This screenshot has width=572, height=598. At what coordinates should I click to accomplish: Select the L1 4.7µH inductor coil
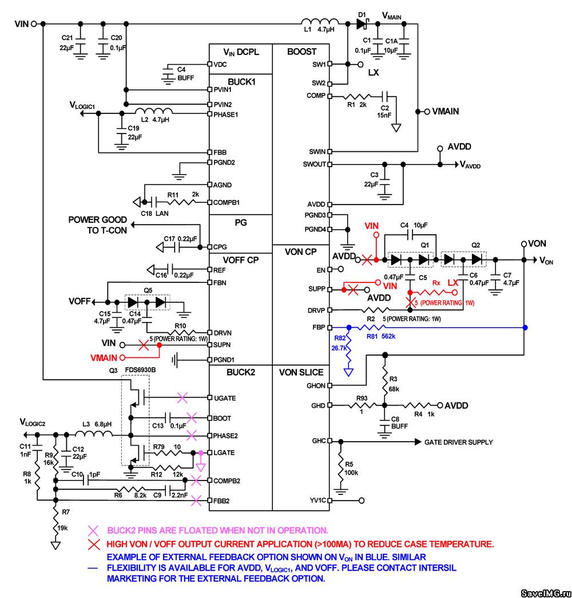[320, 22]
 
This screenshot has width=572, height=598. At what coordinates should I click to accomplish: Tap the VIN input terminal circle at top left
[34, 23]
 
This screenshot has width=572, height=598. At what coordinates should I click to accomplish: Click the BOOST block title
[301, 52]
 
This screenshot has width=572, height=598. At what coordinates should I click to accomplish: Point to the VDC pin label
[220, 65]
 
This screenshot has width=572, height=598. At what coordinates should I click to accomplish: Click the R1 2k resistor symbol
[356, 96]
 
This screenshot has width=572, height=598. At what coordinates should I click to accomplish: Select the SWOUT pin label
[314, 164]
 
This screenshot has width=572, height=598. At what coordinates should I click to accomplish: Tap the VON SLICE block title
[301, 372]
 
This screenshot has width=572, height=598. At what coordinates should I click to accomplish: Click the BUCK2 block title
[241, 372]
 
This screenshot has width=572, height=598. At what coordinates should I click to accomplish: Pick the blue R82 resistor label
[340, 338]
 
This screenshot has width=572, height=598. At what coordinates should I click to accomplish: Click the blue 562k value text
[388, 336]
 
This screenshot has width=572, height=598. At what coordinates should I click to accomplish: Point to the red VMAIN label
[104, 358]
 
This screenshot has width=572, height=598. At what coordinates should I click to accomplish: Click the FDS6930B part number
[140, 370]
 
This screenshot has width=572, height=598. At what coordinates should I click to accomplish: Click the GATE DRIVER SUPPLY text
[459, 442]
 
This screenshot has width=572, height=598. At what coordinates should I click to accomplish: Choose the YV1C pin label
[319, 500]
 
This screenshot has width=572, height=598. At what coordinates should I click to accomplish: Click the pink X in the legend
[93, 530]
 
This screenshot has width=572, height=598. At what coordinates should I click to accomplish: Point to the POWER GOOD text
[97, 220]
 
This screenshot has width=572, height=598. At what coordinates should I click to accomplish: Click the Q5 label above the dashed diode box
[148, 290]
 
